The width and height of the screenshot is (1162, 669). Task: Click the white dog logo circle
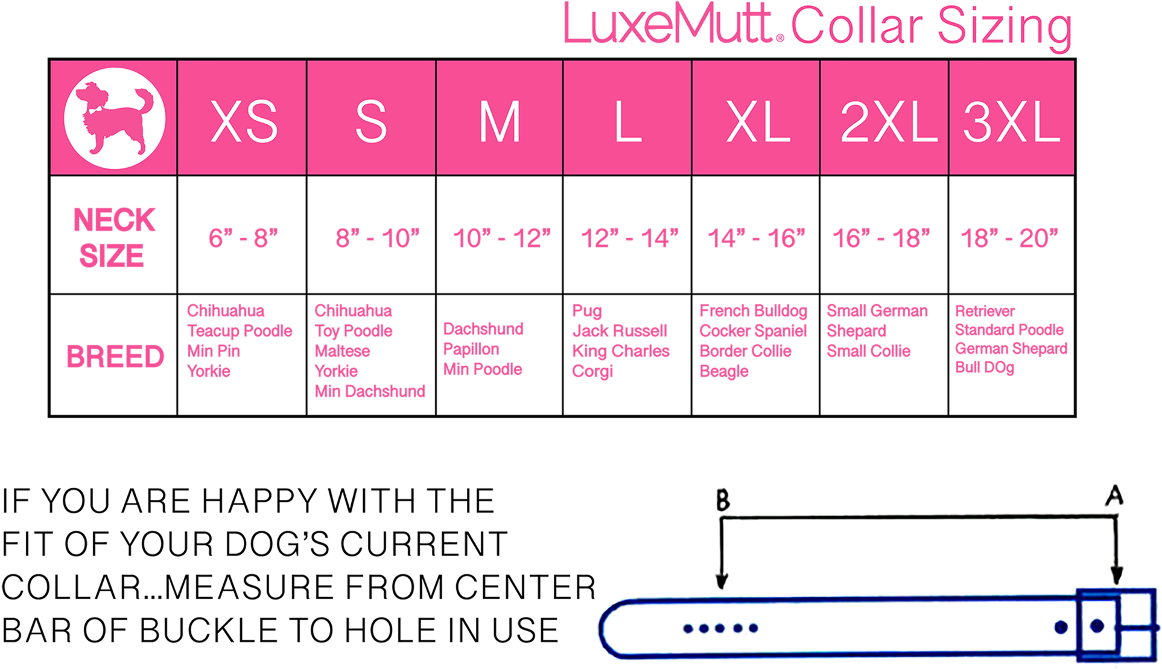pyautogui.click(x=115, y=118)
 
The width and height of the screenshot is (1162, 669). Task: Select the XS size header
pyautogui.click(x=244, y=121)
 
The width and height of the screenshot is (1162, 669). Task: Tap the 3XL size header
pyautogui.click(x=1011, y=121)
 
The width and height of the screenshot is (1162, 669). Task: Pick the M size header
pyautogui.click(x=500, y=121)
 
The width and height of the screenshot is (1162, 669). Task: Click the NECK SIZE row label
pyautogui.click(x=113, y=237)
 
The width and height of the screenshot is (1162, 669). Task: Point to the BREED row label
pyautogui.click(x=115, y=356)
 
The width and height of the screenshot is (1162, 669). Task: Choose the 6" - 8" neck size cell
pyautogui.click(x=243, y=238)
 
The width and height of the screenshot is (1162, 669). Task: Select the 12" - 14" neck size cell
pyautogui.click(x=629, y=238)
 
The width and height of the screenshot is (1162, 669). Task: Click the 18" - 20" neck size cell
pyautogui.click(x=1009, y=238)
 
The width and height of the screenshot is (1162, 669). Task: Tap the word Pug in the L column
pyautogui.click(x=587, y=312)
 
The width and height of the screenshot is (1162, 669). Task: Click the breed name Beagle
pyautogui.click(x=724, y=371)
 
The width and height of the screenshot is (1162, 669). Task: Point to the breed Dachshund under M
pyautogui.click(x=483, y=329)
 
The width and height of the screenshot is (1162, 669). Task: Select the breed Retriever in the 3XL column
pyautogui.click(x=985, y=312)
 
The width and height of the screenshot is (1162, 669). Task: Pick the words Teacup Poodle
pyautogui.click(x=240, y=331)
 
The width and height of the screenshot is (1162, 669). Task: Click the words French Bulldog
pyautogui.click(x=754, y=312)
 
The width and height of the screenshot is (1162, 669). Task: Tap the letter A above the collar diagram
pyautogui.click(x=1114, y=496)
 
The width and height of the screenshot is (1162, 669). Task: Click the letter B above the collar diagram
pyautogui.click(x=723, y=501)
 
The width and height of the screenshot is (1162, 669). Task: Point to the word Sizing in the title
pyautogui.click(x=1004, y=27)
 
